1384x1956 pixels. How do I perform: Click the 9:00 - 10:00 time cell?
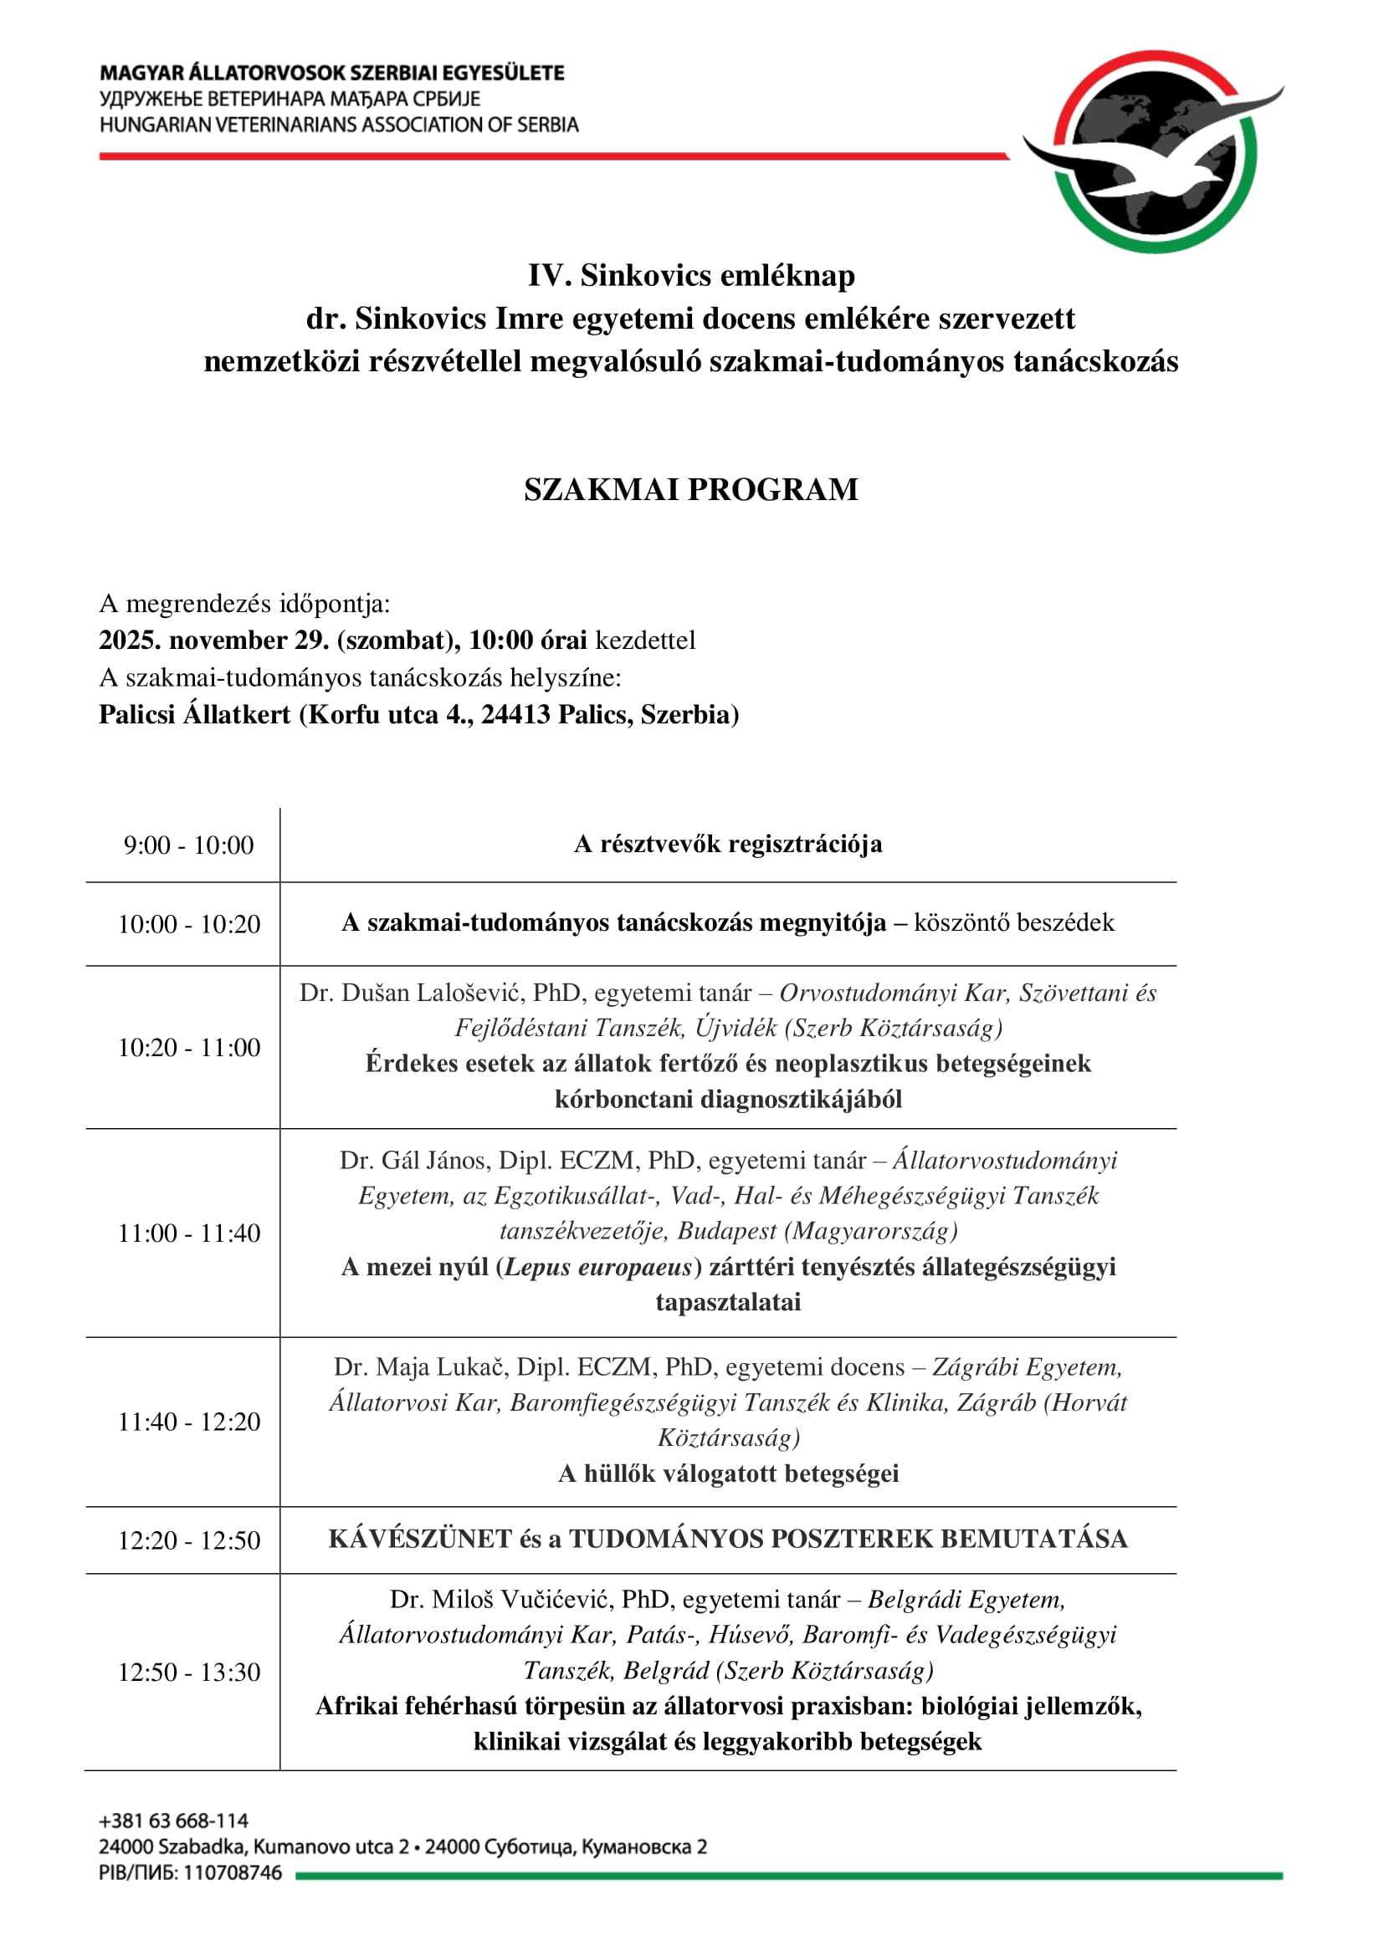tap(188, 845)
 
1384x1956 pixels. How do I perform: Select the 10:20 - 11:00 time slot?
tap(188, 1047)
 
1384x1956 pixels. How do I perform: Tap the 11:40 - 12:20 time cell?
tap(188, 1421)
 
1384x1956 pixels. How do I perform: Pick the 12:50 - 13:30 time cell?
tap(188, 1672)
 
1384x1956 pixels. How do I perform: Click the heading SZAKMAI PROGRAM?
tap(690, 490)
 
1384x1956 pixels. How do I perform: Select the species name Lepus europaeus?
tap(598, 1267)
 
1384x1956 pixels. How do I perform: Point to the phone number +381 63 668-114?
tap(174, 1821)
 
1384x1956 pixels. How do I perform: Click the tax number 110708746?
tap(233, 1872)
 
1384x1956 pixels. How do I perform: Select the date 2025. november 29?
tap(214, 641)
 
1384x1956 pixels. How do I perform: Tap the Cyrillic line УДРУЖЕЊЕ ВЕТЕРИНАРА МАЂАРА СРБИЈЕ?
tap(290, 99)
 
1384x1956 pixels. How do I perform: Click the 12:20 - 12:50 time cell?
tap(188, 1540)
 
